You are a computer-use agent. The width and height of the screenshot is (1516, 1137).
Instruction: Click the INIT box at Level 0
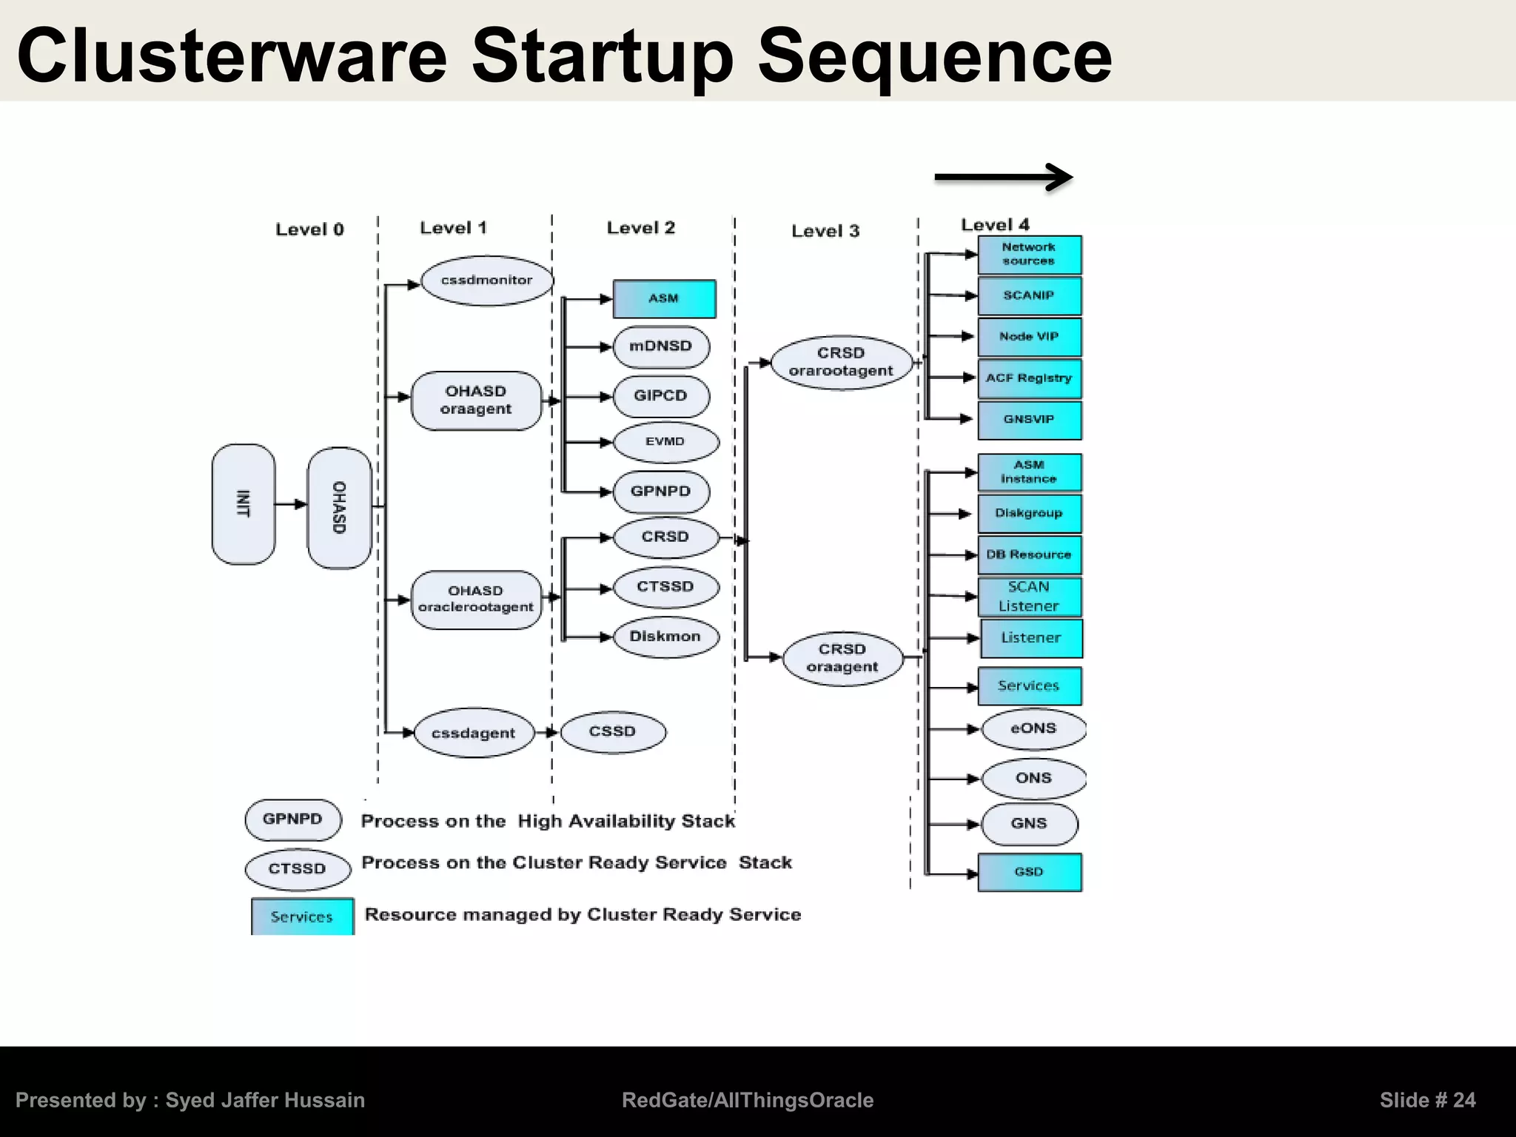coord(244,504)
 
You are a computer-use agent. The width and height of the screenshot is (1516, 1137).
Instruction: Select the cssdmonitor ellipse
coord(486,281)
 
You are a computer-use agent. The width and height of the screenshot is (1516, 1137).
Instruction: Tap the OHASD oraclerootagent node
coord(476,600)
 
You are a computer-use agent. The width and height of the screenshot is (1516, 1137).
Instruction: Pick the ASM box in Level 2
coord(664,298)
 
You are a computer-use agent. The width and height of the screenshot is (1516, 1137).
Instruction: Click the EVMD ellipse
coord(665,442)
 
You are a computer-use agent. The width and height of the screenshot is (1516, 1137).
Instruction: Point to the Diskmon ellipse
coord(665,637)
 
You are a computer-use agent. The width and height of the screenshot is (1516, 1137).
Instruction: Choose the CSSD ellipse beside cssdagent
coord(613,732)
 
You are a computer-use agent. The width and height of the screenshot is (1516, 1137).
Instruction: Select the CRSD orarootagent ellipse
coord(842,363)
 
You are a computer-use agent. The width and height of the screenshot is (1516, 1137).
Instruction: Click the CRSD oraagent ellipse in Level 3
coord(842,658)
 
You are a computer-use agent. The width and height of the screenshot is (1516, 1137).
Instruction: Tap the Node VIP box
coord(1030,337)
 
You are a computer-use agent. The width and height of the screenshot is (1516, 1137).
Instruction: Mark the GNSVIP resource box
coord(1030,420)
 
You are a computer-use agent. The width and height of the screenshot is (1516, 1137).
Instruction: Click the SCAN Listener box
coord(1030,597)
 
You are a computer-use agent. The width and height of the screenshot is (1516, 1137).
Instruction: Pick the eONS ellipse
coord(1033,728)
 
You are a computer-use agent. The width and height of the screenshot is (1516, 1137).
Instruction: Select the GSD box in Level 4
coord(1030,872)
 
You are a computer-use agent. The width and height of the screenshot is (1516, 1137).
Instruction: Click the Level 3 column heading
coord(825,231)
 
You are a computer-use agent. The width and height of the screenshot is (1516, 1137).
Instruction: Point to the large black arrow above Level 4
coord(1003,178)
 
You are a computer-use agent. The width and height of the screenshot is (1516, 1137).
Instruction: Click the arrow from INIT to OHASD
coord(290,504)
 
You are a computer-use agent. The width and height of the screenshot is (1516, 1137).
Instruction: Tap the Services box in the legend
coord(302,916)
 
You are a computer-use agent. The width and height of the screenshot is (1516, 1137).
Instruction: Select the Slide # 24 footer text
coord(1427,1100)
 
